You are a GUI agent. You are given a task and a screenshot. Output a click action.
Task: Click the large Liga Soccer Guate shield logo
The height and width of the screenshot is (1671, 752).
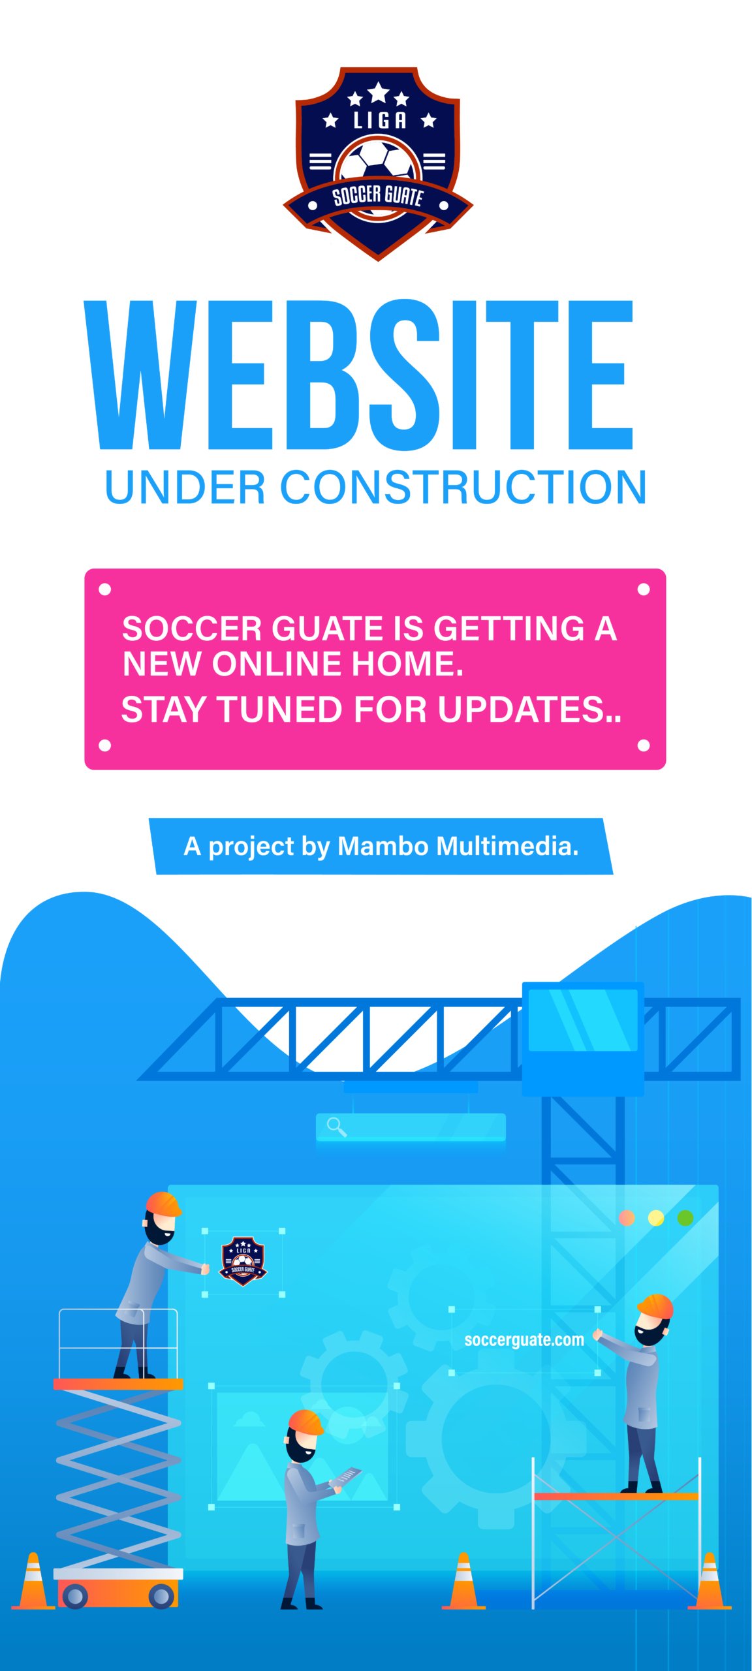tap(377, 163)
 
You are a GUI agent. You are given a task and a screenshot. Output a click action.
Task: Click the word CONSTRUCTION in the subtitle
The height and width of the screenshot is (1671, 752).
tap(463, 488)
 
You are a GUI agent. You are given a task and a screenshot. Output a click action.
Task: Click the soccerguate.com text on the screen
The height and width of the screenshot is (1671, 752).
tap(524, 1340)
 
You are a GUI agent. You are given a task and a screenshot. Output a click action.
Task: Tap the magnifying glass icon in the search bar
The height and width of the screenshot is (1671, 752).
tap(336, 1127)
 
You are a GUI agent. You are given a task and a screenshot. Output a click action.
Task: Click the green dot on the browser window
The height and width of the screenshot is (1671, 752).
tap(685, 1218)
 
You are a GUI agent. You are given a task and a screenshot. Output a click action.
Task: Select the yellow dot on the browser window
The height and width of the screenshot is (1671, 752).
tap(656, 1218)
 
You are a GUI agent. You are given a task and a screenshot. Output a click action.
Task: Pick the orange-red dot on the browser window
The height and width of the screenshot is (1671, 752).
tap(627, 1218)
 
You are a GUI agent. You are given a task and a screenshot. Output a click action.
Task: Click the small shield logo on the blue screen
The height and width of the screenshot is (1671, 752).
tap(243, 1261)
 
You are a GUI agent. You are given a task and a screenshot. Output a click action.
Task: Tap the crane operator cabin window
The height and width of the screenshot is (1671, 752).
tap(583, 1020)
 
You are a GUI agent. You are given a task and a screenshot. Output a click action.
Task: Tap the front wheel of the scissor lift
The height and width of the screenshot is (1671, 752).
tap(74, 1597)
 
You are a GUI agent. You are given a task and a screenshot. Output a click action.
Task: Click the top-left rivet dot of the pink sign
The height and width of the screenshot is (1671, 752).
tap(104, 590)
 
